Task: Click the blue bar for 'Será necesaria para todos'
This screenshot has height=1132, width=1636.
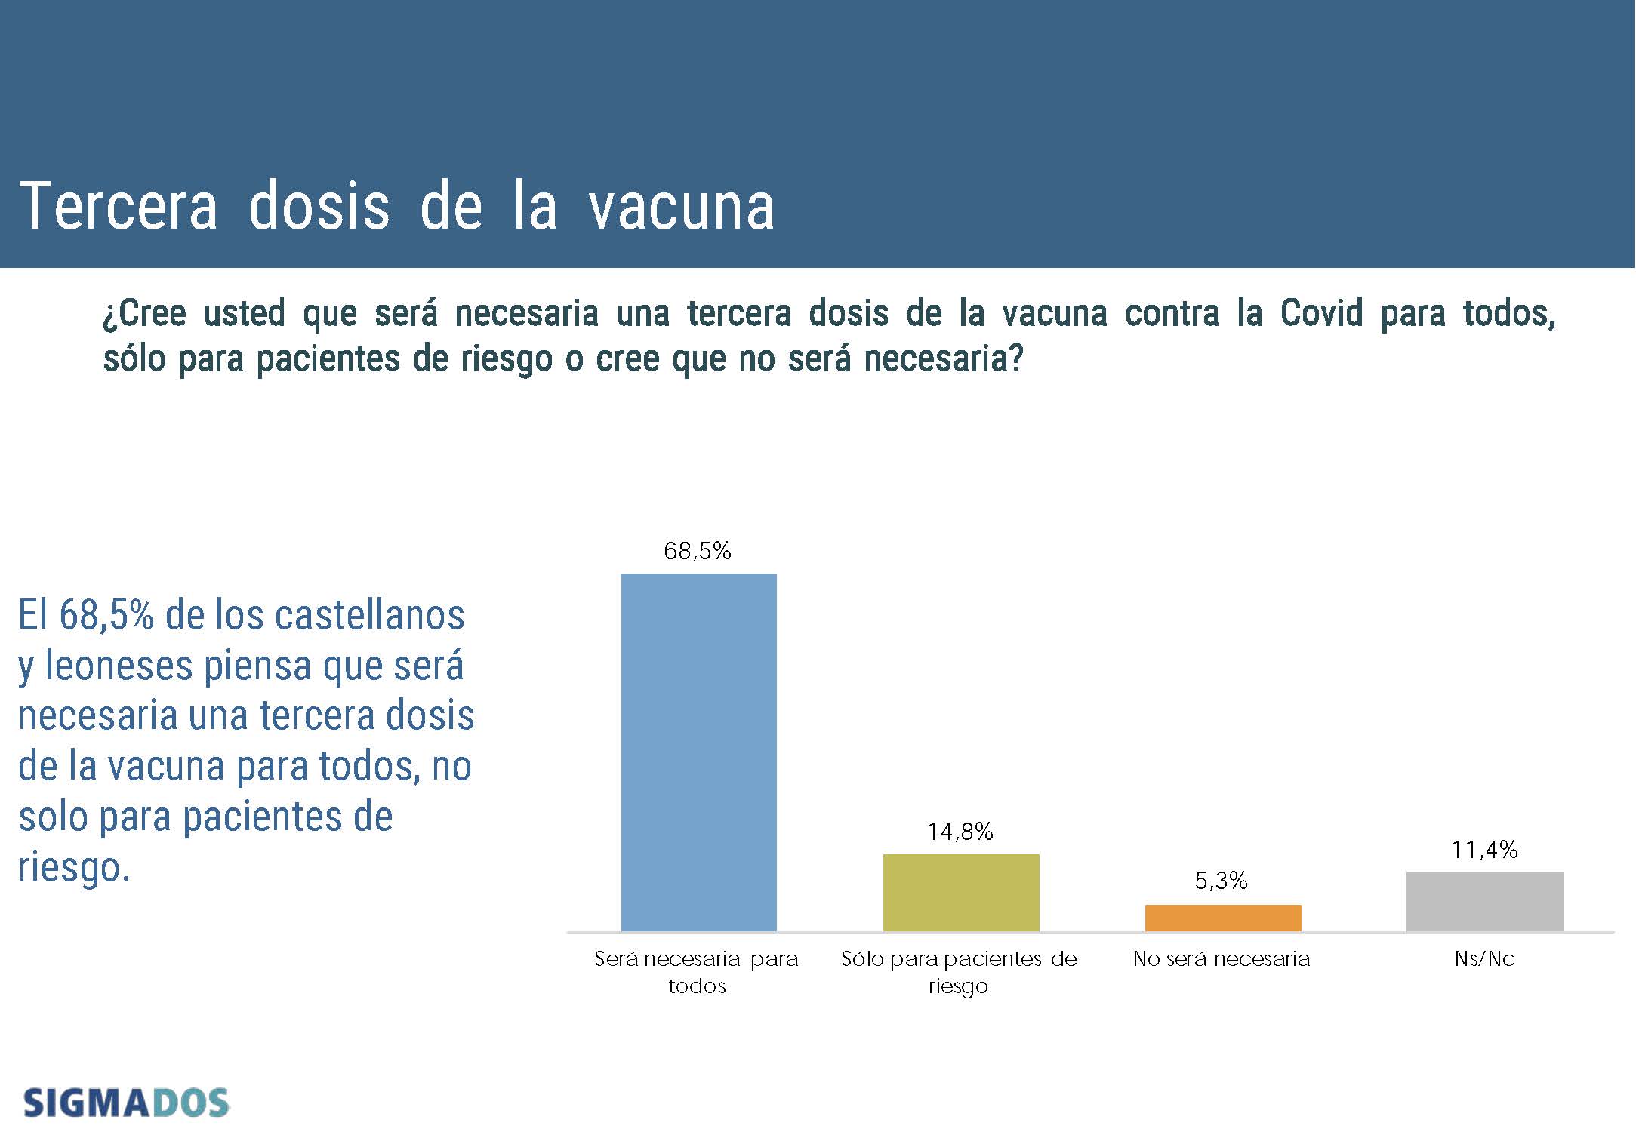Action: coord(698,752)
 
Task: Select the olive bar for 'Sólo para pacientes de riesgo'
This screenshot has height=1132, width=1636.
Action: coord(961,893)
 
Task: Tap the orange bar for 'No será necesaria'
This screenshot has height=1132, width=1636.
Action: coord(1223,918)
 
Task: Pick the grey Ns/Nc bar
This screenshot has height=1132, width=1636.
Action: coord(1485,902)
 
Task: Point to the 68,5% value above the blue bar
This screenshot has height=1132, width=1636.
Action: coord(698,551)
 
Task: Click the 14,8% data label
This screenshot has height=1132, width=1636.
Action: coord(960,832)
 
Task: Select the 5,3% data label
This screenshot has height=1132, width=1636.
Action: coord(1222,881)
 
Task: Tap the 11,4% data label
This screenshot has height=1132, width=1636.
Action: coord(1484,850)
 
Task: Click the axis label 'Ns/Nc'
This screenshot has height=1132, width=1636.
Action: coord(1485,959)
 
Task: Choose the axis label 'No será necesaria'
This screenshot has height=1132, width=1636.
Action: coord(1222,959)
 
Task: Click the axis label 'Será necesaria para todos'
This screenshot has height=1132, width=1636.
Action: coord(697,972)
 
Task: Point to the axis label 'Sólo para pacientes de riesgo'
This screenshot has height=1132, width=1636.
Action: coord(959,973)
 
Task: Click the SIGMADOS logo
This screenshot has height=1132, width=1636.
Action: coord(126,1103)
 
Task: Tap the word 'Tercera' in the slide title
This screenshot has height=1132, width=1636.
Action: coord(119,205)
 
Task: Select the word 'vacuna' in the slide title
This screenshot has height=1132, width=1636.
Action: coord(682,206)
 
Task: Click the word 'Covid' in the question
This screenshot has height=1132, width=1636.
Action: coord(1321,313)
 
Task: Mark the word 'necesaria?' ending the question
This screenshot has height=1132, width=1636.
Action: coord(944,358)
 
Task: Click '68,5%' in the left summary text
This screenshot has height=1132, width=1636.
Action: coord(106,615)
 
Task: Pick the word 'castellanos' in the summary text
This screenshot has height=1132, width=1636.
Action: coord(369,615)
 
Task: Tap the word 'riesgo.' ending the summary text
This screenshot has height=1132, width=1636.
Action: coord(74,868)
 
